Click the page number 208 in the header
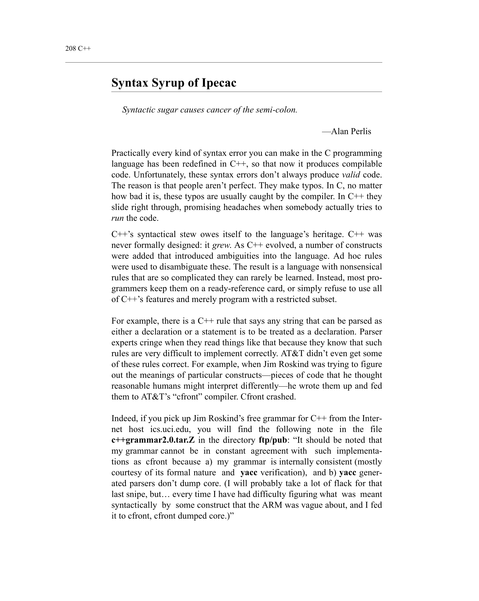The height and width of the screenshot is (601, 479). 70,48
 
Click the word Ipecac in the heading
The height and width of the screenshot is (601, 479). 219,83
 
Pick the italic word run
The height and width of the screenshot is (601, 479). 117,218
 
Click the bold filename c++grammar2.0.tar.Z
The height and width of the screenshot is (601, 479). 153,440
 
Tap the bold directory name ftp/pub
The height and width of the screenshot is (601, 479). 272,440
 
